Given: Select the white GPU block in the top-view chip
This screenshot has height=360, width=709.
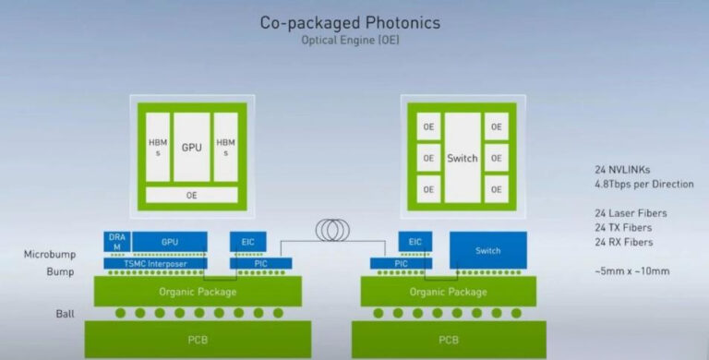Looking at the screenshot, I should pyautogui.click(x=191, y=147).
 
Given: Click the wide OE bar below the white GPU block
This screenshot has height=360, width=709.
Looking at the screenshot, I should pyautogui.click(x=191, y=195).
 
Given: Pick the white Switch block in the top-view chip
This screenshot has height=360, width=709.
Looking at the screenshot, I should pyautogui.click(x=463, y=158).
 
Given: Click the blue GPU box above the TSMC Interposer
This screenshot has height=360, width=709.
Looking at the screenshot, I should pyautogui.click(x=170, y=242).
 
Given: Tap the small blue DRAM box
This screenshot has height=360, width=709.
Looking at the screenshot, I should pyautogui.click(x=116, y=242).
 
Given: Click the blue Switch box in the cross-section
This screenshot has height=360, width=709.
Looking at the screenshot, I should pyautogui.click(x=487, y=249).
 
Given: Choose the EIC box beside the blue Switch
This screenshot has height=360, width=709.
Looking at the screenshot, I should pyautogui.click(x=415, y=242).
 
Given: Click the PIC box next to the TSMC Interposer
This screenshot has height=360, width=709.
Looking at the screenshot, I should pyautogui.click(x=260, y=263).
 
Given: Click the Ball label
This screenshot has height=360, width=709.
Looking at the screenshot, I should pyautogui.click(x=64, y=314).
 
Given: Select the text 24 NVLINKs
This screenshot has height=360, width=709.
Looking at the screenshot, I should pyautogui.click(x=625, y=171).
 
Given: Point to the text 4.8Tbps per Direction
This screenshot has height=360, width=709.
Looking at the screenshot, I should pyautogui.click(x=644, y=185).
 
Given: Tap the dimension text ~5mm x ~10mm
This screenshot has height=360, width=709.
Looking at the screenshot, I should pyautogui.click(x=631, y=270).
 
